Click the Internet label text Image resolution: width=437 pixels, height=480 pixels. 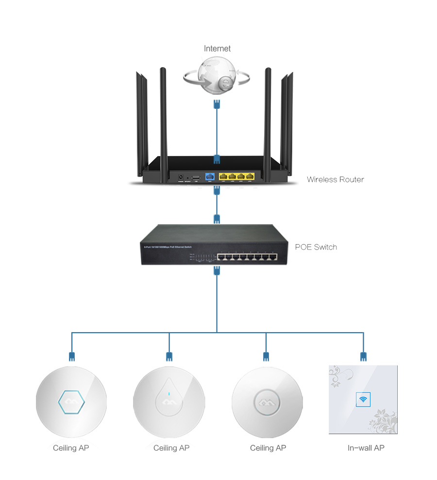[217, 49]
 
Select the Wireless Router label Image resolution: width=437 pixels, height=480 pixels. [335, 179]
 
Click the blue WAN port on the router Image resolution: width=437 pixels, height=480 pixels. [211, 177]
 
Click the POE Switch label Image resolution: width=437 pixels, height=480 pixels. [316, 247]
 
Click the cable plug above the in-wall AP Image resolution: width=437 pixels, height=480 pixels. [363, 356]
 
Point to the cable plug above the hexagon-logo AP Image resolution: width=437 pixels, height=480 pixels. [72, 356]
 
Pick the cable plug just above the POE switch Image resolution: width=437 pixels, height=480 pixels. [217, 218]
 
